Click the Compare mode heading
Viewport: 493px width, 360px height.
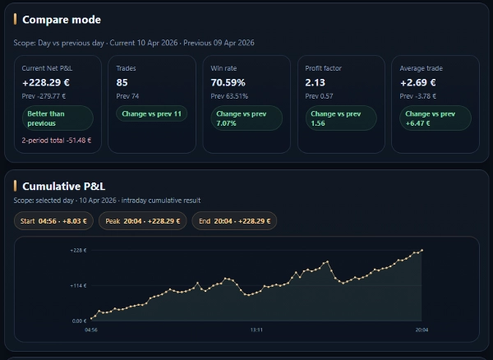[62, 20]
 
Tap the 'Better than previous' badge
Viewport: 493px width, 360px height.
[58, 118]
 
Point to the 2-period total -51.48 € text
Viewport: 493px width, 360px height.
[57, 141]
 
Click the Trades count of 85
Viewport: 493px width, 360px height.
[122, 83]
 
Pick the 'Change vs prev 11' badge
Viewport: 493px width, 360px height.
[151, 113]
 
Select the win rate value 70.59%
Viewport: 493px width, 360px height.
[229, 83]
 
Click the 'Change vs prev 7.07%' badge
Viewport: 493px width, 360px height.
[245, 118]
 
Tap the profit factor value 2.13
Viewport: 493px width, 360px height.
[315, 83]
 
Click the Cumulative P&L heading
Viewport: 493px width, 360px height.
[64, 187]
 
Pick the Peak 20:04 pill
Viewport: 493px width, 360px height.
[143, 221]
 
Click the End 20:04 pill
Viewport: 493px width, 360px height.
[234, 221]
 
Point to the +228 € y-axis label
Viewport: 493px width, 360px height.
[78, 250]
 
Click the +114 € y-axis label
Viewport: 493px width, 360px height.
[78, 285]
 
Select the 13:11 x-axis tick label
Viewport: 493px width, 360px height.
[256, 330]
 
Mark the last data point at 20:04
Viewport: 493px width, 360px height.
[422, 250]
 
